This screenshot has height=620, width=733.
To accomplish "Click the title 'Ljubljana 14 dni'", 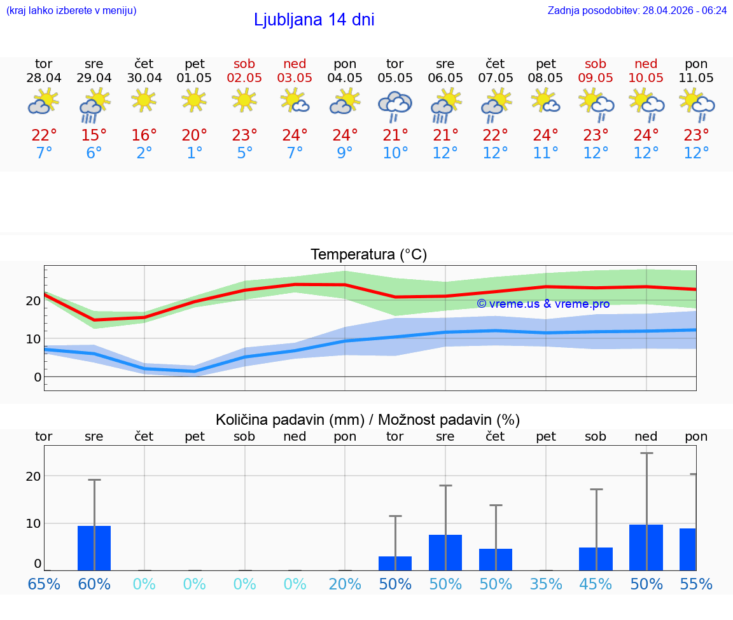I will click(314, 20).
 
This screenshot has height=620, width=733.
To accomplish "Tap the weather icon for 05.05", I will click(395, 105).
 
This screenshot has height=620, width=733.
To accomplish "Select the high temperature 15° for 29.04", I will click(94, 135).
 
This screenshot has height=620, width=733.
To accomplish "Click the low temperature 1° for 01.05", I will click(195, 153).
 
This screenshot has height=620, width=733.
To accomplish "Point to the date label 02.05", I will click(244, 78).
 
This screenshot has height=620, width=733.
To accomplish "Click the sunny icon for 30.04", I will click(144, 99).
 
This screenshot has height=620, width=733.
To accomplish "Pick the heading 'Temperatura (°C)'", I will click(368, 254).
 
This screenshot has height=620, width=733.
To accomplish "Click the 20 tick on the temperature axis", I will click(34, 301).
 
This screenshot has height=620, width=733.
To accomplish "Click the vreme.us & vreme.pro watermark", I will click(543, 304).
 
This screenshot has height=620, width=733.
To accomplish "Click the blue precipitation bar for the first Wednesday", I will click(94, 548).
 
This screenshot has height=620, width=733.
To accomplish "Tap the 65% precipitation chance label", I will click(44, 584).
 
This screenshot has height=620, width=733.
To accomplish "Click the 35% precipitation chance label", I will click(546, 584).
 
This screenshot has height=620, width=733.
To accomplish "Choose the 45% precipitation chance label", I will click(596, 584).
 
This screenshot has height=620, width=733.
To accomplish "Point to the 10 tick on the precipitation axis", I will click(33, 523).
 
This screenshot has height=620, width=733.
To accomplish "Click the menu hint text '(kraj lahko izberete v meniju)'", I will click(71, 10).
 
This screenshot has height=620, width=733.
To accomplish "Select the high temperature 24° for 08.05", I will click(546, 135).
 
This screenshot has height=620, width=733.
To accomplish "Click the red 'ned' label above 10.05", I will click(646, 64).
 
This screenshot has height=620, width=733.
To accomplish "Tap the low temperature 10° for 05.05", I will click(395, 153).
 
